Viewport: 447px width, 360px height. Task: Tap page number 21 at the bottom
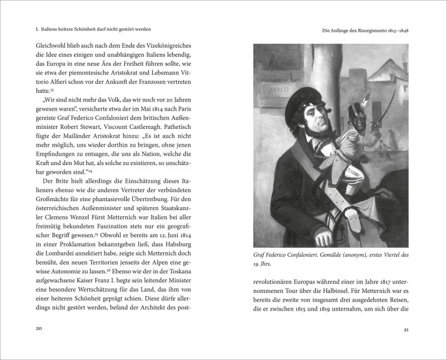click(406, 329)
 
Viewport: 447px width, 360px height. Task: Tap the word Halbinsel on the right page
click(327, 296)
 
